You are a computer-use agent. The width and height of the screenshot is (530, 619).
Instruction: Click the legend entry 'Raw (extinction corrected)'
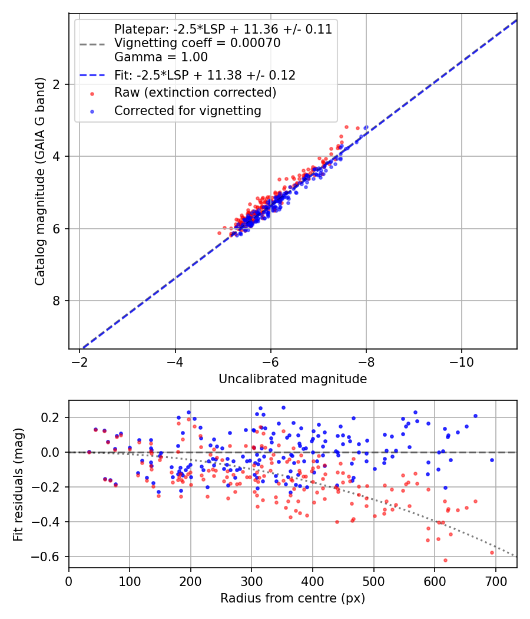click(x=195, y=93)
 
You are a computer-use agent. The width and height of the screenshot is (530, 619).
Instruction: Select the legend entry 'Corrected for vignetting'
click(x=188, y=110)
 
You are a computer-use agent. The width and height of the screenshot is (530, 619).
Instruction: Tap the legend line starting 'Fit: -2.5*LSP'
click(x=205, y=75)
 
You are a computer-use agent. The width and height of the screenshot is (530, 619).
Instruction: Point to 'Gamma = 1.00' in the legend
click(x=161, y=57)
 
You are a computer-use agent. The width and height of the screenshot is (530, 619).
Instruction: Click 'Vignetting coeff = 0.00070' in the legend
click(x=197, y=43)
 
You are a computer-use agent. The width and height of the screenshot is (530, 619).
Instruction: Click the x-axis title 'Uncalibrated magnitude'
click(x=293, y=379)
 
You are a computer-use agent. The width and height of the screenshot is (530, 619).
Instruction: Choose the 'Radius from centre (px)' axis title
click(x=293, y=598)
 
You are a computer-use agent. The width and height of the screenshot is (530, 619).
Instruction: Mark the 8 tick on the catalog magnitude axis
click(x=57, y=301)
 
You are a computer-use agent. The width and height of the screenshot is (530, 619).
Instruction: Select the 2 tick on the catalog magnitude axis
click(x=57, y=84)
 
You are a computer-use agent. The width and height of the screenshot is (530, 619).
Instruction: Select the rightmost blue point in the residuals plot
click(x=492, y=460)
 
